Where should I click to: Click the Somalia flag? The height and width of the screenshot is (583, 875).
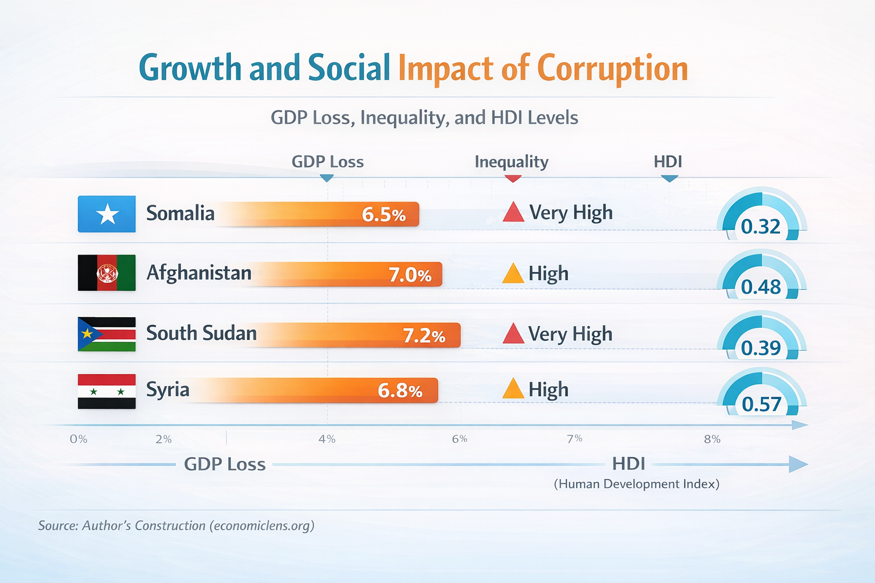coord(107,214)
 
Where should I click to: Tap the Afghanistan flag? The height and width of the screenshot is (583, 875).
coord(107,273)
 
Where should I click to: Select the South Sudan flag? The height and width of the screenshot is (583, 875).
coord(107,334)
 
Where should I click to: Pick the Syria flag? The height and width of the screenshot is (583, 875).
coord(107,391)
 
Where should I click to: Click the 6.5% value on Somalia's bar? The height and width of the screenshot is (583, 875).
coord(383,215)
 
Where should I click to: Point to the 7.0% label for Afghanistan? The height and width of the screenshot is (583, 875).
coord(410,275)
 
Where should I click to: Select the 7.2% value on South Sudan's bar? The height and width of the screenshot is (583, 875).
coord(424,336)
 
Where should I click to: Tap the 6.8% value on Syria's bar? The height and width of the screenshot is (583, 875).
coord(400,391)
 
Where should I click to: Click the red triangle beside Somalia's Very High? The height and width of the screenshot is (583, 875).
coord(513,212)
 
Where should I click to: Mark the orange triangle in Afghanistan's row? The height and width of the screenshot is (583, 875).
coord(513,274)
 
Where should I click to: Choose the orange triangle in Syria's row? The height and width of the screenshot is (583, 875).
coord(513,389)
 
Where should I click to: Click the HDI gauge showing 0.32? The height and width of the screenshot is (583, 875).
coord(761,216)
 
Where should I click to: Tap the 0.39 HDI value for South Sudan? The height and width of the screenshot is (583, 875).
coord(761,348)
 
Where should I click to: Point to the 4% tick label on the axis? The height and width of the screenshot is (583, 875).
coord(327,439)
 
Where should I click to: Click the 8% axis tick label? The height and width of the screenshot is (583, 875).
coord(712,439)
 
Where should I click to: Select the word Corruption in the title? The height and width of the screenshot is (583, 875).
coord(612,68)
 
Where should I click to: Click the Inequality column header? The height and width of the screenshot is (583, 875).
coord(511,162)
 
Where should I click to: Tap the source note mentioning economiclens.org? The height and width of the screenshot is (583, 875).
coord(176,525)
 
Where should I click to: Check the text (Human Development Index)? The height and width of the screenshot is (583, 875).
coord(636,484)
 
